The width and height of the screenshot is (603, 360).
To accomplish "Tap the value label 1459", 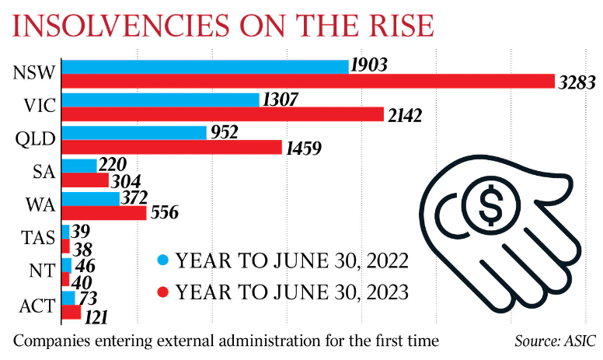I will pos(305,148).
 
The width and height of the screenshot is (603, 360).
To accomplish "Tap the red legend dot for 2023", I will pos(162,293).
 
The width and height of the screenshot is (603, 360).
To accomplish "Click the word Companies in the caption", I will pos(46,341).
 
